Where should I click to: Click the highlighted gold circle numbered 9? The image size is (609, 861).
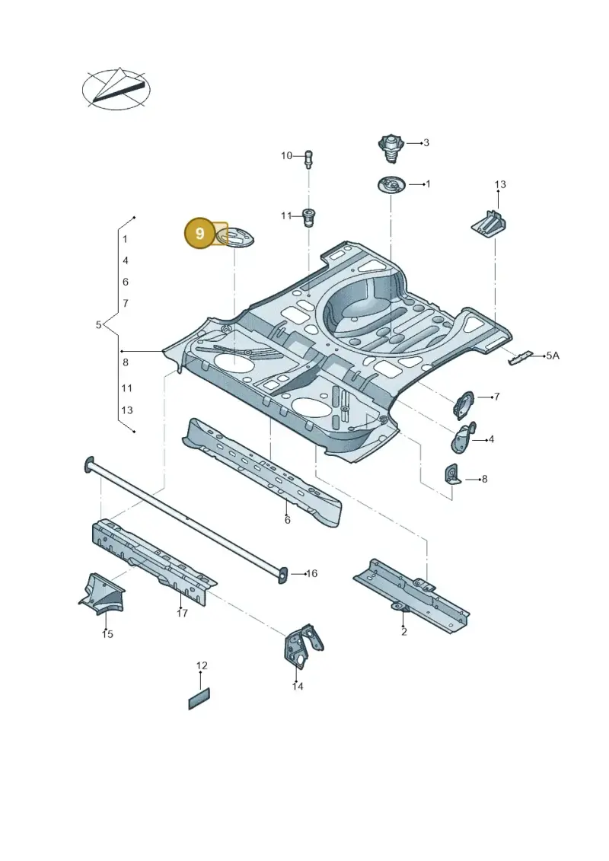[x=199, y=234]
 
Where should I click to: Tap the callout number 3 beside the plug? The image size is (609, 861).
[x=426, y=143]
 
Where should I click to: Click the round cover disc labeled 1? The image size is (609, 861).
[x=391, y=184]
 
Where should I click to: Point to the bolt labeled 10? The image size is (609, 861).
[x=308, y=158]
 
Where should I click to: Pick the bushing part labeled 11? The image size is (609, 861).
[x=311, y=218]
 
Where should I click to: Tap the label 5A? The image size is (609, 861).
[x=553, y=356]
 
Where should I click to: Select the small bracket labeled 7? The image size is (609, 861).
[x=463, y=405]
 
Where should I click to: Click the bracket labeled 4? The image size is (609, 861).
[x=462, y=438]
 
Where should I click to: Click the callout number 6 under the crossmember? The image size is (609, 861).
[x=287, y=519]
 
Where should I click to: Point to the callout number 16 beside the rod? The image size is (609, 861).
[x=311, y=574]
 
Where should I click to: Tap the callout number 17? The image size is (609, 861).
[x=182, y=614]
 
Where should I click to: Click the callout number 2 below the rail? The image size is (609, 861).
[x=404, y=632]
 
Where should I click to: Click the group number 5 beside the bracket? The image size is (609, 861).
[x=98, y=324]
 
